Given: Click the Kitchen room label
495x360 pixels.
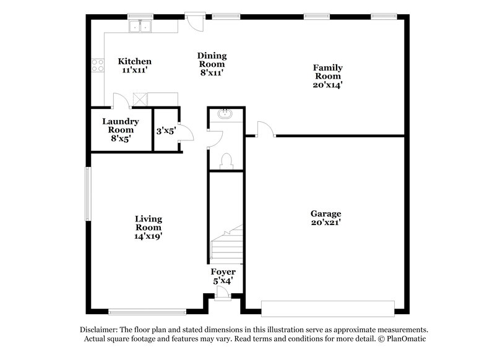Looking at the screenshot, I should [x=135, y=61].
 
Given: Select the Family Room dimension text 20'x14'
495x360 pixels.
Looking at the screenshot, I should [x=327, y=85].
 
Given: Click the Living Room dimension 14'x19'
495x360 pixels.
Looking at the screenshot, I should [x=148, y=236].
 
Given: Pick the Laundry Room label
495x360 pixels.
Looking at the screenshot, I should [x=121, y=126].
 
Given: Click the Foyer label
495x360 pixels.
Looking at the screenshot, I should [x=223, y=272].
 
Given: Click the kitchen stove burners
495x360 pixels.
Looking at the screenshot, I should [x=98, y=65].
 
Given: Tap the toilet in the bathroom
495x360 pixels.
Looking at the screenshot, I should [x=226, y=160].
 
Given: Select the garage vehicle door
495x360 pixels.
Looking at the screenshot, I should [x=328, y=307].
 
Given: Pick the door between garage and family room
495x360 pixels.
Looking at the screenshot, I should [x=263, y=129].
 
